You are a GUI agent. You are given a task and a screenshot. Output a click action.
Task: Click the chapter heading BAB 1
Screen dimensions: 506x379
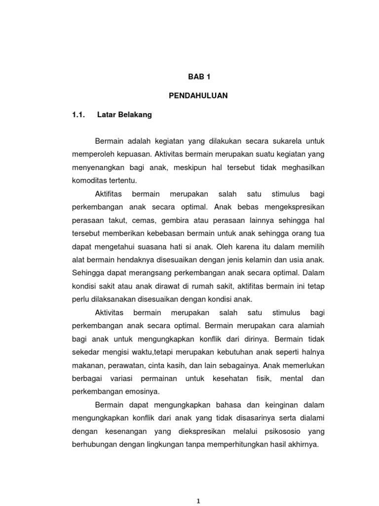click(x=198, y=77)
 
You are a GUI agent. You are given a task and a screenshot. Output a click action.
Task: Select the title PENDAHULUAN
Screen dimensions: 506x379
click(x=198, y=96)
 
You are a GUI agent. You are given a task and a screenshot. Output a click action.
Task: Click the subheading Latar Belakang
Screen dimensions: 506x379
click(x=125, y=115)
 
